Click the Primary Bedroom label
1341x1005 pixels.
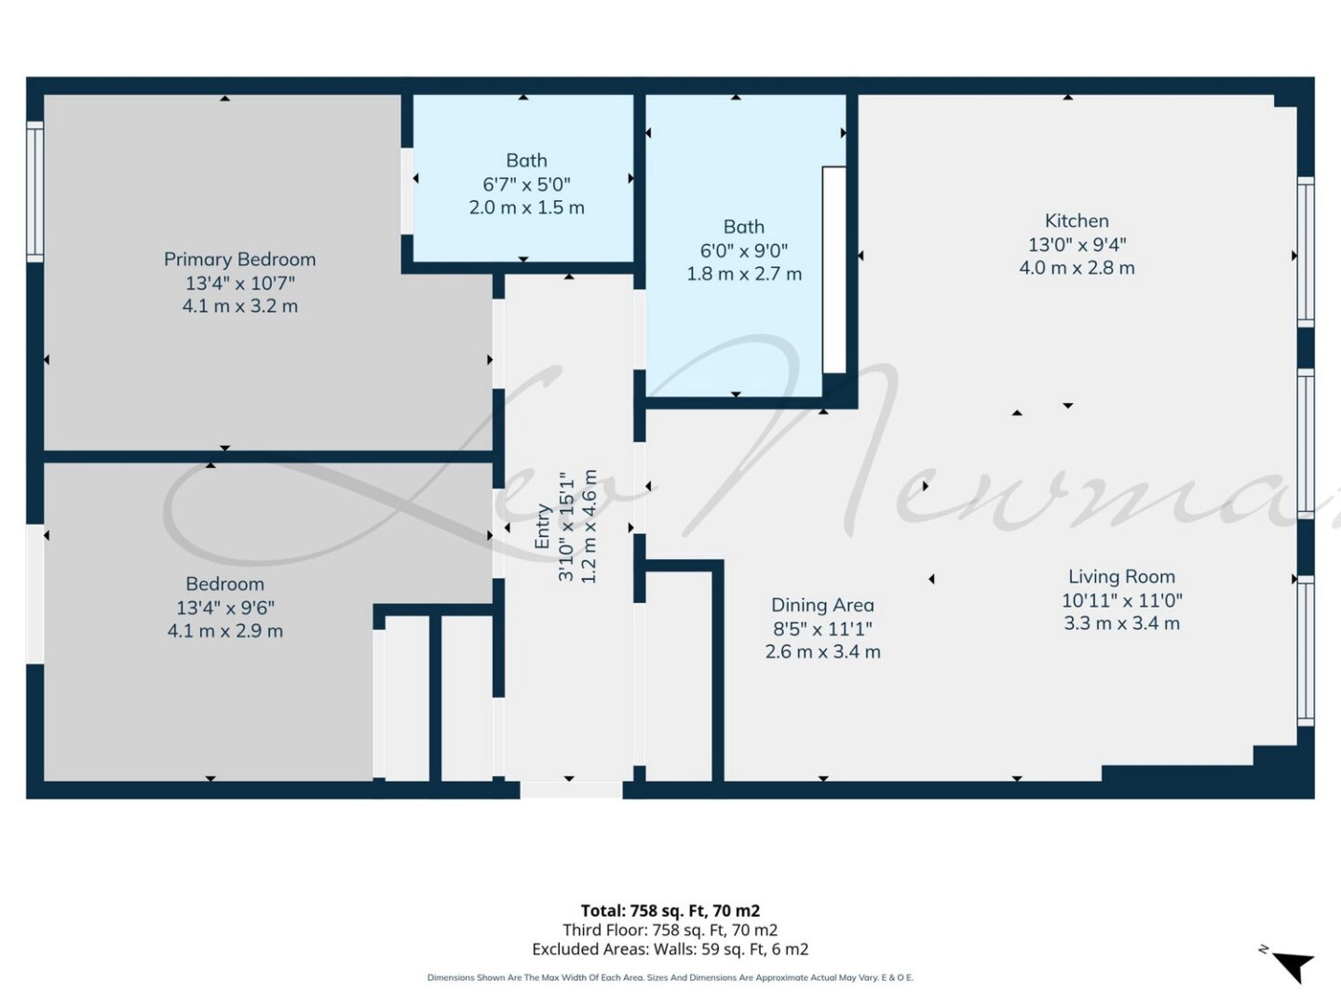pos(239,260)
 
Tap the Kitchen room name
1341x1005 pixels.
pos(1077,221)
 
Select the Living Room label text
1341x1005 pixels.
pos(1121,577)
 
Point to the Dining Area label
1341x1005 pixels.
pos(822,605)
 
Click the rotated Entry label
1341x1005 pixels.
pos(542,526)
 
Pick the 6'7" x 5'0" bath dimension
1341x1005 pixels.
pos(526,183)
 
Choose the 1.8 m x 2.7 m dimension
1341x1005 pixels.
pos(744,274)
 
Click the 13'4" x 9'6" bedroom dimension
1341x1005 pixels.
pos(225,608)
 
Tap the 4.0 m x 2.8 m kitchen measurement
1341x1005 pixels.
pos(1077,268)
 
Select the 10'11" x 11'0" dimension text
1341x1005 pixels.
pos(1121,600)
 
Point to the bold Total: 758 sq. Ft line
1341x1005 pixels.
pos(670,910)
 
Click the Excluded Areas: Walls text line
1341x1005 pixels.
pos(670,949)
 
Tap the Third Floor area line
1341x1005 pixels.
pos(670,930)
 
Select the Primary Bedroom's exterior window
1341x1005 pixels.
pos(34,192)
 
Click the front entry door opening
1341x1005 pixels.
pos(571,790)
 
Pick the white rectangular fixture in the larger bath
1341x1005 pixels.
pos(833,270)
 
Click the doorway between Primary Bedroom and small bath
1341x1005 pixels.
pos(407,191)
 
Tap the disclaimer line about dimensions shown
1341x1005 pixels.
pos(670,977)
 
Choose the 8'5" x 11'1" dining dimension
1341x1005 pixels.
pos(822,628)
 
